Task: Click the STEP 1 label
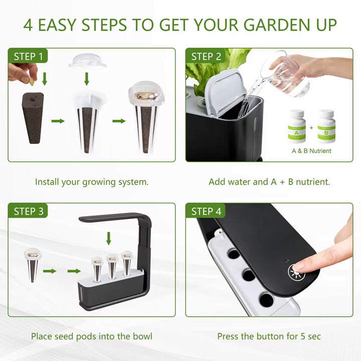pos(28,57)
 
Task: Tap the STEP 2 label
pos(206,57)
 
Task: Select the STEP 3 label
pos(28,212)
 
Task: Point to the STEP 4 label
pos(206,212)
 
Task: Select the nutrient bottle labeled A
pos(296,126)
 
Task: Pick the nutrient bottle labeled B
pos(326,126)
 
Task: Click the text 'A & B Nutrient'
pos(311,150)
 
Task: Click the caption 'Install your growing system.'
pos(92,182)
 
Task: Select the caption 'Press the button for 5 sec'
pos(269,336)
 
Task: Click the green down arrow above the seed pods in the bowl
pos(109,237)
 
